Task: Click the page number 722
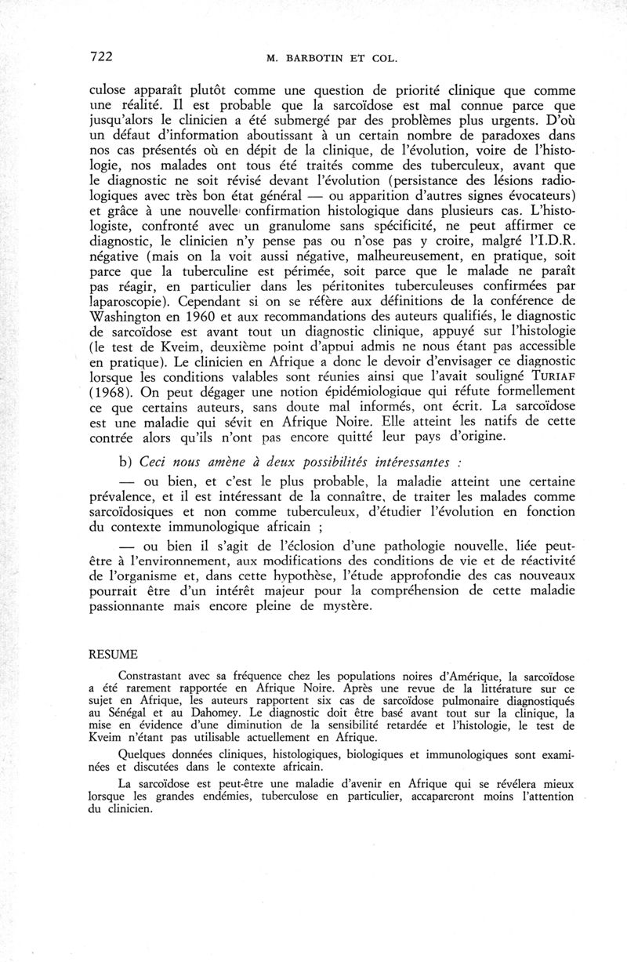click(x=101, y=56)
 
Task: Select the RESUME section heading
click(x=114, y=654)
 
